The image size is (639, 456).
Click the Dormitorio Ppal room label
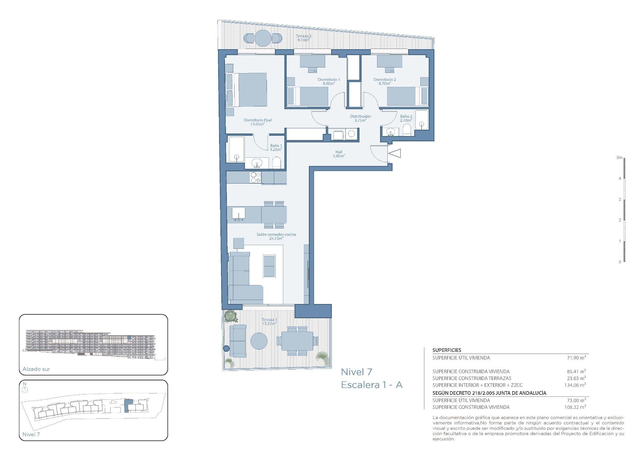[x=258, y=122]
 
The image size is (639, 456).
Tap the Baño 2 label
[x=406, y=118]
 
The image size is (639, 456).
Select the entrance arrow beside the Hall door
[x=395, y=153]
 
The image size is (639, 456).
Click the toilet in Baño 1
[x=277, y=163]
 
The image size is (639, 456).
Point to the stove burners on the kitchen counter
[x=255, y=177]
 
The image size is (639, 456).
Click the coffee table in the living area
[x=269, y=266]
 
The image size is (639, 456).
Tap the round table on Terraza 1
[x=259, y=341]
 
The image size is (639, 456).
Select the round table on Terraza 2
[x=263, y=38]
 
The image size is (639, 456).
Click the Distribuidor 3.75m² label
[x=360, y=118]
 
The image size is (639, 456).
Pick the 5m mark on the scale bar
[x=619, y=158]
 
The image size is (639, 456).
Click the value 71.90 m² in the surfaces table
[x=576, y=358]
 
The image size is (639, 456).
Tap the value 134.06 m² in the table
[x=575, y=385]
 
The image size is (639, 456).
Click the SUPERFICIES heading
[x=447, y=350]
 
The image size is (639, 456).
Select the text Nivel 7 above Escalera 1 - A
[x=356, y=372]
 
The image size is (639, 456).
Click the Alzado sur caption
[x=36, y=369]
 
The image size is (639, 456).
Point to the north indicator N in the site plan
[x=24, y=384]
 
